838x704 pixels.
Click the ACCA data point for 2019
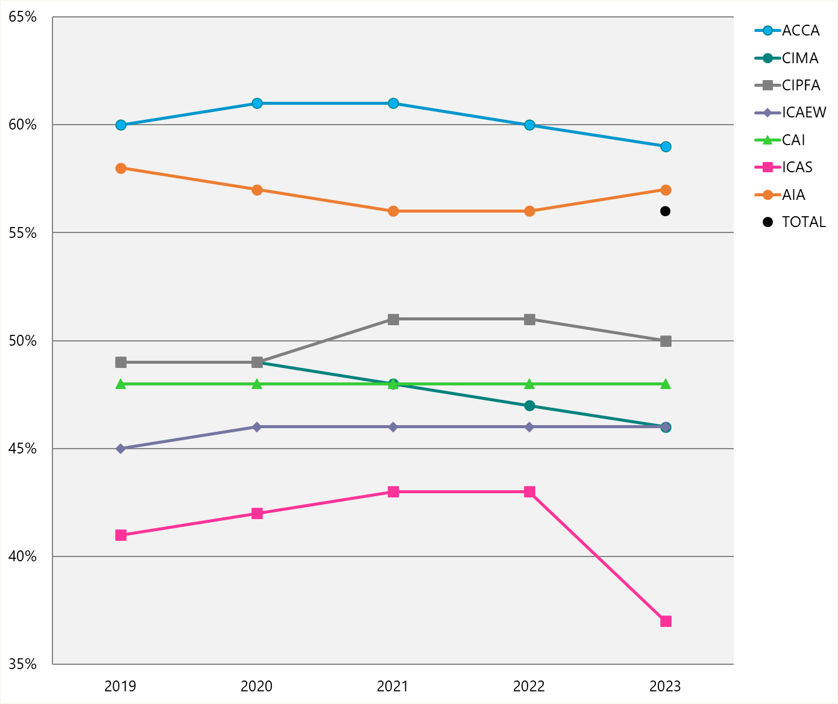tap(121, 125)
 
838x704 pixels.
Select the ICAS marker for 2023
tap(666, 621)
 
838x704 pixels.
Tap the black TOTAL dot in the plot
tap(666, 211)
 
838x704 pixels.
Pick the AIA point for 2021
tap(393, 211)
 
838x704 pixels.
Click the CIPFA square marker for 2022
tap(529, 319)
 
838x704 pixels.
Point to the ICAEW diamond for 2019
tap(121, 449)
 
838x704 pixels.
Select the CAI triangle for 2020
tap(257, 384)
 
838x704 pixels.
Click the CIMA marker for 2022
tap(529, 406)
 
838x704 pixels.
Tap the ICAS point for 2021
tap(393, 492)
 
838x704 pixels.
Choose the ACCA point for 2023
tap(666, 147)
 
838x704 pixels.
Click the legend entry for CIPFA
tap(801, 86)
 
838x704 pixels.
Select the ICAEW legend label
tap(804, 113)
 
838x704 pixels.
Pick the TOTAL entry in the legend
tap(803, 222)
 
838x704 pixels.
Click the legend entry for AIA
tap(793, 195)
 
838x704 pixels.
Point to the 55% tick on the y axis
tap(23, 233)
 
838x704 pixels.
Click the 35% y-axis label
tap(23, 665)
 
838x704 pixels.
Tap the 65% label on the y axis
tap(23, 17)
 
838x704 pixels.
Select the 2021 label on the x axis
tap(393, 687)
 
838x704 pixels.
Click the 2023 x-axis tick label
tap(666, 687)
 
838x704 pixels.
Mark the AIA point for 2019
tap(121, 168)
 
